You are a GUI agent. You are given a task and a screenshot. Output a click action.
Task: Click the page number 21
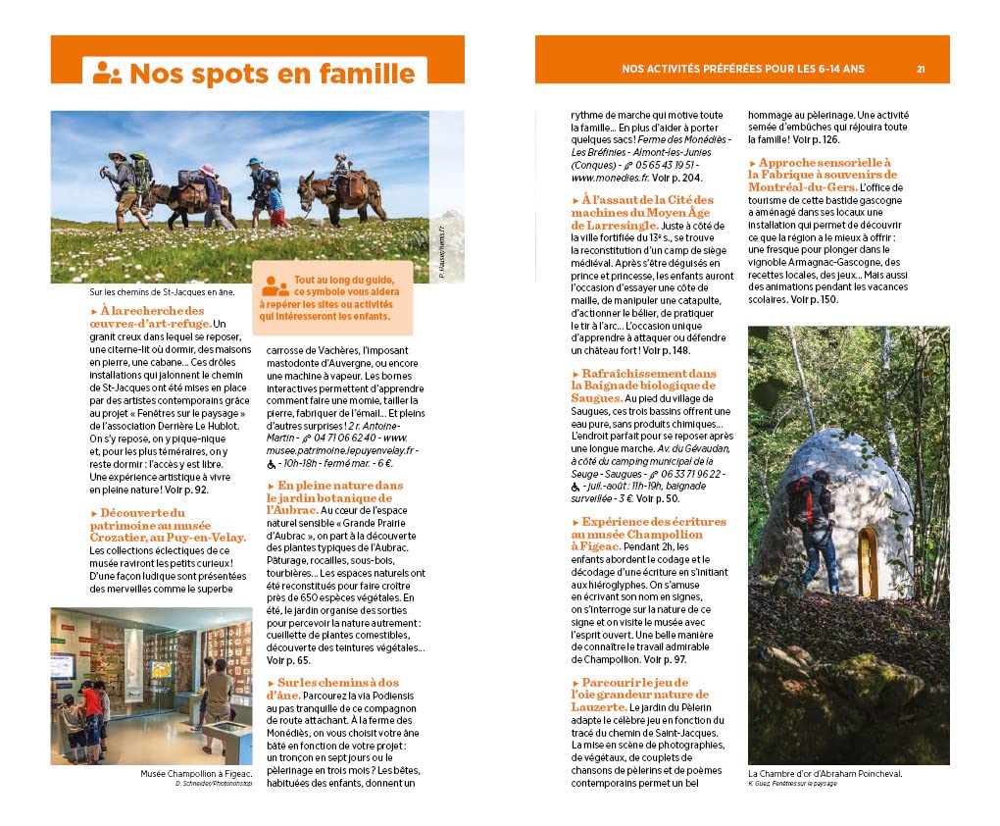[921, 69]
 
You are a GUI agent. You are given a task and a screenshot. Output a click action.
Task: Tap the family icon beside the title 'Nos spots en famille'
[107, 73]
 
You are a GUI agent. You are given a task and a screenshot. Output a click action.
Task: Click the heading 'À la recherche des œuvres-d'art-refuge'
[147, 318]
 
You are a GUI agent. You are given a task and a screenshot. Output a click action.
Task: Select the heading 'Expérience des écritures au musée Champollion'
[648, 528]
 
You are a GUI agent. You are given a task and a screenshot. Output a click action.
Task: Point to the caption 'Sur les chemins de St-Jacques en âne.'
[161, 290]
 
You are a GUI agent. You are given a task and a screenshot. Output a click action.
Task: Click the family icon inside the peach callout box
[275, 286]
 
